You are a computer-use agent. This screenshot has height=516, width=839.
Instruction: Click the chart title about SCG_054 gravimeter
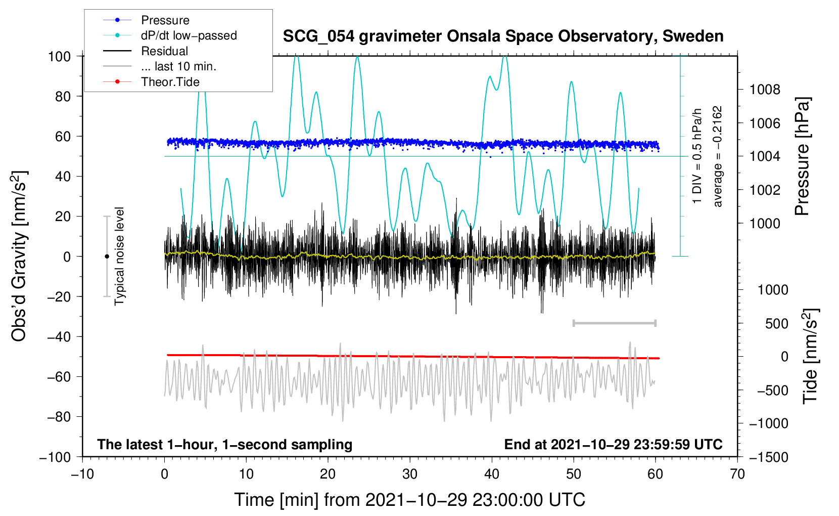point(503,36)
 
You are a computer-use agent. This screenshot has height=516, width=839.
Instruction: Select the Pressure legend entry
point(165,20)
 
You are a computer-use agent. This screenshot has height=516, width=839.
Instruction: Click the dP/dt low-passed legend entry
point(189,35)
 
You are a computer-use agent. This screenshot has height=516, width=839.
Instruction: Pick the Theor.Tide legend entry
point(170,82)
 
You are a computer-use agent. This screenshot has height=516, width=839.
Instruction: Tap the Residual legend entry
point(164,51)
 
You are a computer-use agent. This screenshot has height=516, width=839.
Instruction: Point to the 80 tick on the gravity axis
point(63,96)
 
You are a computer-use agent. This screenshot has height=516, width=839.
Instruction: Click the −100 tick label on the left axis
point(56,457)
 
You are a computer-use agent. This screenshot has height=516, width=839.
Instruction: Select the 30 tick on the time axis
point(410,474)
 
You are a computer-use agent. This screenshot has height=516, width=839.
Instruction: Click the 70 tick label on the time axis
point(737,474)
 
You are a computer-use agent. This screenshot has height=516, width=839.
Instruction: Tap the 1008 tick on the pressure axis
point(765,90)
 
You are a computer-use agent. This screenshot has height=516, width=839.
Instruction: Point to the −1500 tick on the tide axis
point(769,457)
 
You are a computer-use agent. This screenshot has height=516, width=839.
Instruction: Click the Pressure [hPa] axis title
point(802,157)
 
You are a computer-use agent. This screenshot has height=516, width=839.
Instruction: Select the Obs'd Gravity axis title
point(19,256)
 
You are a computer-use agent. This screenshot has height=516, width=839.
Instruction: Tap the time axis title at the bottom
point(409,500)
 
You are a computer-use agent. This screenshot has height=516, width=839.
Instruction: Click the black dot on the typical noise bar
point(107,256)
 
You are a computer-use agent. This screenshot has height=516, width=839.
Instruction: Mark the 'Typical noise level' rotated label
point(119,256)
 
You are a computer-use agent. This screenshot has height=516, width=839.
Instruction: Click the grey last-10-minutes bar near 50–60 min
point(614,323)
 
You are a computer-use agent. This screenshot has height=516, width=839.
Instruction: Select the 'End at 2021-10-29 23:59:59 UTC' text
point(613,445)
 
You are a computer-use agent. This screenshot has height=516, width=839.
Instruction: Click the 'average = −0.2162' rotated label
point(718,157)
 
